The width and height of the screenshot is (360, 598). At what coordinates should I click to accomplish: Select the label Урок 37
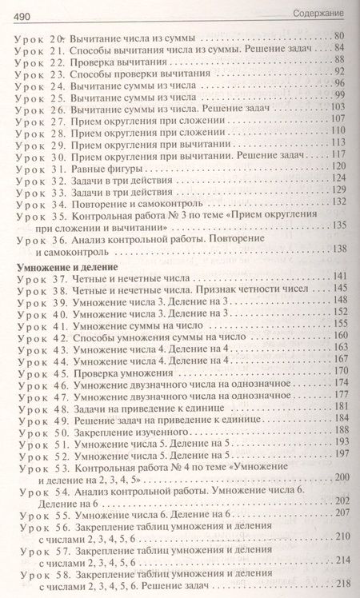39,278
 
